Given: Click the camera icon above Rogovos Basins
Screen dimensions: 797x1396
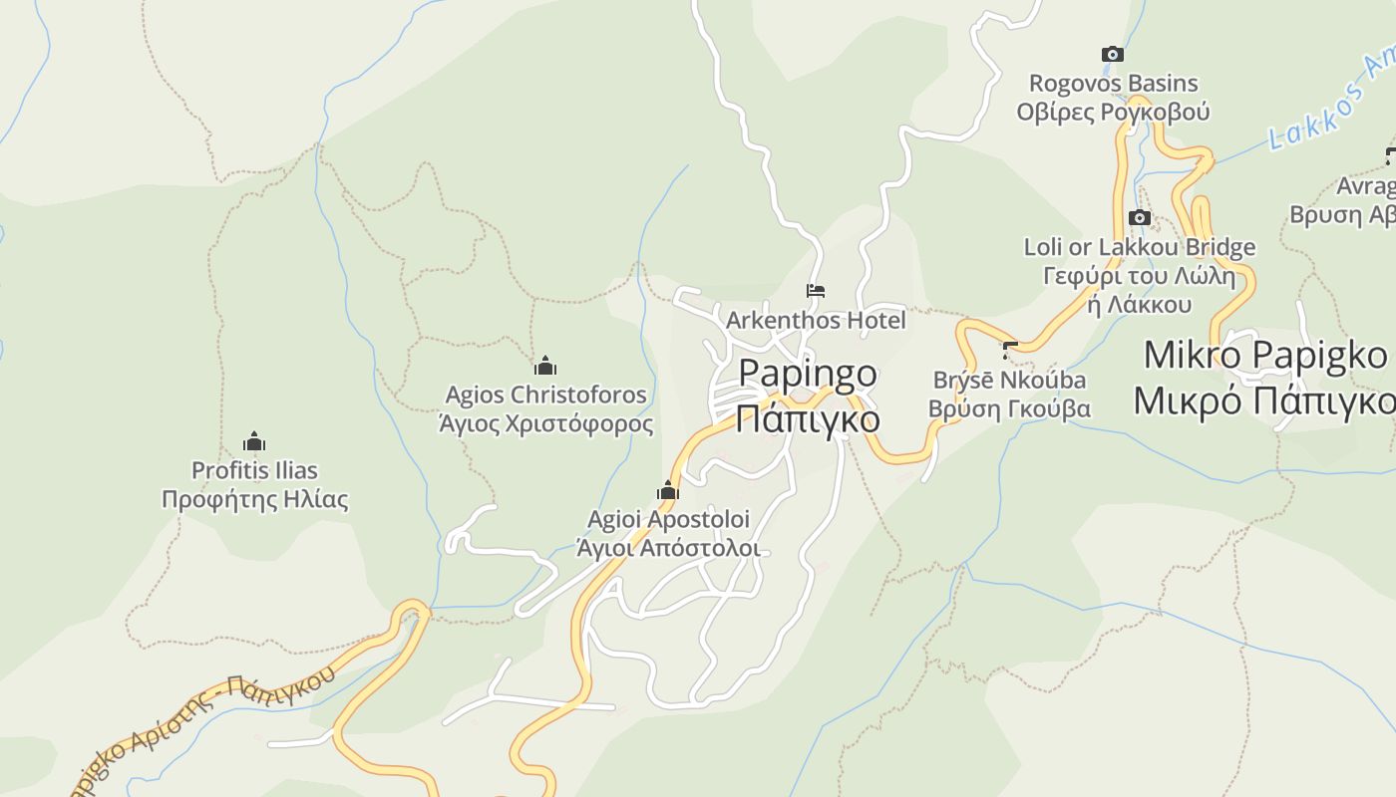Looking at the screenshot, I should (1112, 54).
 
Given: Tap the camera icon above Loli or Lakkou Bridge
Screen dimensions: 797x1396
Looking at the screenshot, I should (1139, 217).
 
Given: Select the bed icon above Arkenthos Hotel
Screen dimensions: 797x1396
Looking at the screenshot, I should (816, 291).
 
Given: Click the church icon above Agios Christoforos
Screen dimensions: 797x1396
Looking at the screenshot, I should (544, 366).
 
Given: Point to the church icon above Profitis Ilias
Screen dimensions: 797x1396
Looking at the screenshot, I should (254, 441).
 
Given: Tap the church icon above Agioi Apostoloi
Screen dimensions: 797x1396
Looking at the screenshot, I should (667, 490).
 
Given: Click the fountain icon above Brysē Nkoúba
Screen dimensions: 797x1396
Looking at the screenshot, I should (1009, 350).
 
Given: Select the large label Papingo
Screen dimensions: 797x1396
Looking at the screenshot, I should (808, 375).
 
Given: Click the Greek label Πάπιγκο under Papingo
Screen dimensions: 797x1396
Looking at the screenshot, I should (808, 418).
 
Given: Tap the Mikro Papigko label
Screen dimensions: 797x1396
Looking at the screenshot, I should (1264, 355).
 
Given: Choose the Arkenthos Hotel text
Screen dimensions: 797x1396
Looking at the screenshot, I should (816, 321).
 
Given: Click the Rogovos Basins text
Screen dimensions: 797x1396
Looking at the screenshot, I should (1113, 84).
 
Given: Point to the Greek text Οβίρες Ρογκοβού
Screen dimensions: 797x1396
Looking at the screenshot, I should (1113, 112).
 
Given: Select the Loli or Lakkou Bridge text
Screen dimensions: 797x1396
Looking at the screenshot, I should (1139, 247).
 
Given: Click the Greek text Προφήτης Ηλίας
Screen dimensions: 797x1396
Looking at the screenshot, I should (255, 499).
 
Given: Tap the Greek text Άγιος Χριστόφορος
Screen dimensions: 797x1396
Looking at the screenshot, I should (545, 424).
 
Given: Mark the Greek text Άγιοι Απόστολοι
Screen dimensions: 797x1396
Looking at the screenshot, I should (668, 548).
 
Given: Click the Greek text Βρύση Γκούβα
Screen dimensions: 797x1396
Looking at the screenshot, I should (1009, 409).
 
